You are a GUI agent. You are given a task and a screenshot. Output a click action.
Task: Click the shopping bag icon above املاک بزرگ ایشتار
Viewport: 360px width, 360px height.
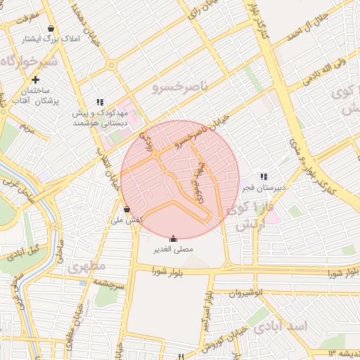point(51,29)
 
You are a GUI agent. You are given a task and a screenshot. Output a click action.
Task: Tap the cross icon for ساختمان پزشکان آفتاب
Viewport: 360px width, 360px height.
point(35,80)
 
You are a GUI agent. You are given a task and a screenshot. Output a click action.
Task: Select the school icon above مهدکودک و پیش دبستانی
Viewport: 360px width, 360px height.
point(100,102)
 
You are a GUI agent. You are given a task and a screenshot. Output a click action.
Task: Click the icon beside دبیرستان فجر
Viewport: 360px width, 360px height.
point(263,176)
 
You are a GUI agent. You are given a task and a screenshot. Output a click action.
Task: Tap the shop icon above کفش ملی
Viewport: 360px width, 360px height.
point(127,209)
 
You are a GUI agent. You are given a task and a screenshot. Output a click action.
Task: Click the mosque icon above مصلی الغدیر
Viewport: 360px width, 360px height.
point(174,238)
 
